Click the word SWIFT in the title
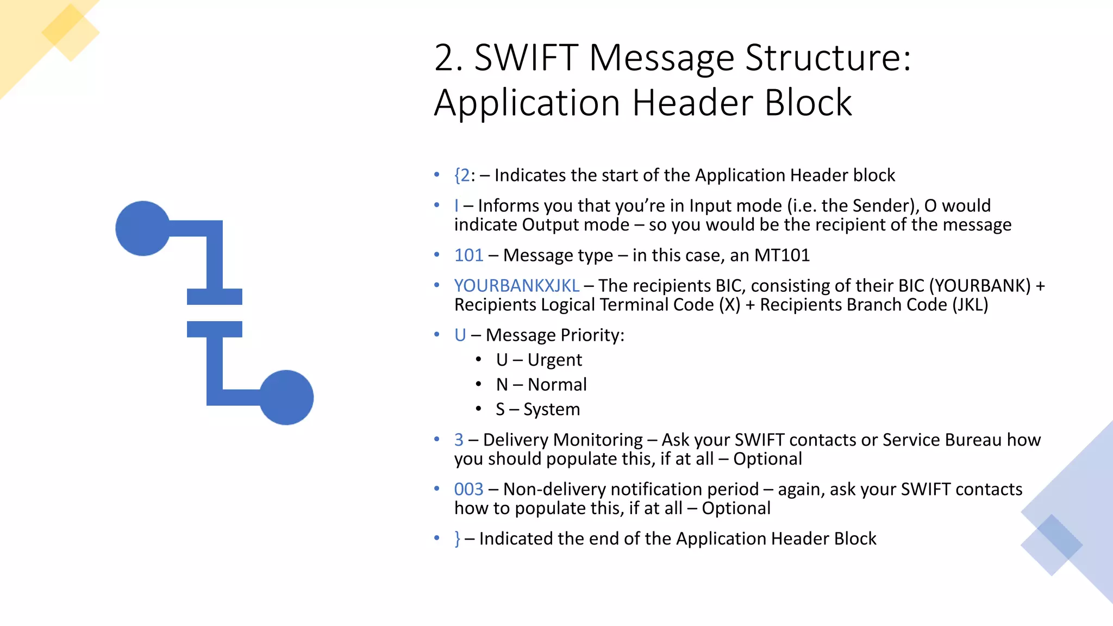click(526, 58)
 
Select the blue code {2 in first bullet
click(462, 176)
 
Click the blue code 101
click(468, 255)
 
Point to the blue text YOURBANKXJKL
click(517, 286)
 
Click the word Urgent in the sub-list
click(554, 360)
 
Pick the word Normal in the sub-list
click(557, 385)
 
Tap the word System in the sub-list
click(551, 409)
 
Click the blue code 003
click(468, 490)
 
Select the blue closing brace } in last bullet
click(458, 539)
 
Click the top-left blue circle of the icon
click(143, 228)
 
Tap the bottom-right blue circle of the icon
click(286, 397)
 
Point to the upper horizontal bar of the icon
click(214, 297)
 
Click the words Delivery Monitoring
click(562, 440)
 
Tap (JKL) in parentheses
click(970, 305)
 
